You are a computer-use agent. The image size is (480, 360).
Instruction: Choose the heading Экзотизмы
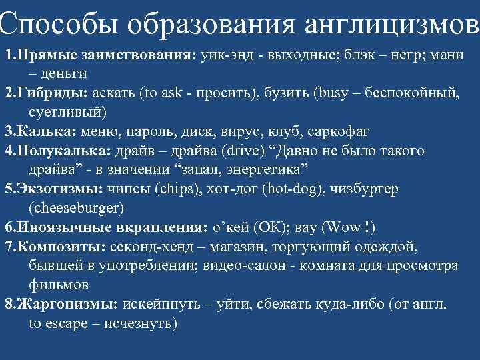point(61,189)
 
